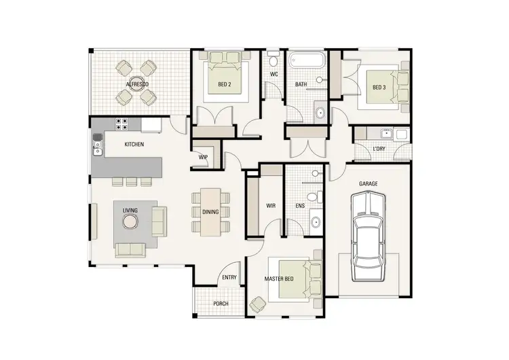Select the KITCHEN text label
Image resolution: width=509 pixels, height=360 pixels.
[134, 144]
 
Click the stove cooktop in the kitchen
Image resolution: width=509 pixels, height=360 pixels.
[123, 124]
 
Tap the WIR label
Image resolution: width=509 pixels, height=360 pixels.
[270, 204]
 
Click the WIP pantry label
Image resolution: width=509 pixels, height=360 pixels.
[203, 157]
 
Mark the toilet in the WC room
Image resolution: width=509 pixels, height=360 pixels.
[274, 58]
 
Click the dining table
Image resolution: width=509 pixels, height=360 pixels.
[210, 211]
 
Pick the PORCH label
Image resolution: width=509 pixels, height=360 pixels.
[221, 303]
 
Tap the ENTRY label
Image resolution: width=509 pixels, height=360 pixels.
[229, 277]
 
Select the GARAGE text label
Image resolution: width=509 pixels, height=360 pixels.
[369, 183]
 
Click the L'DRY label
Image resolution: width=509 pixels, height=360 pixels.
[380, 149]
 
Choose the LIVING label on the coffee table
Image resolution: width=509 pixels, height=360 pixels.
[130, 211]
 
